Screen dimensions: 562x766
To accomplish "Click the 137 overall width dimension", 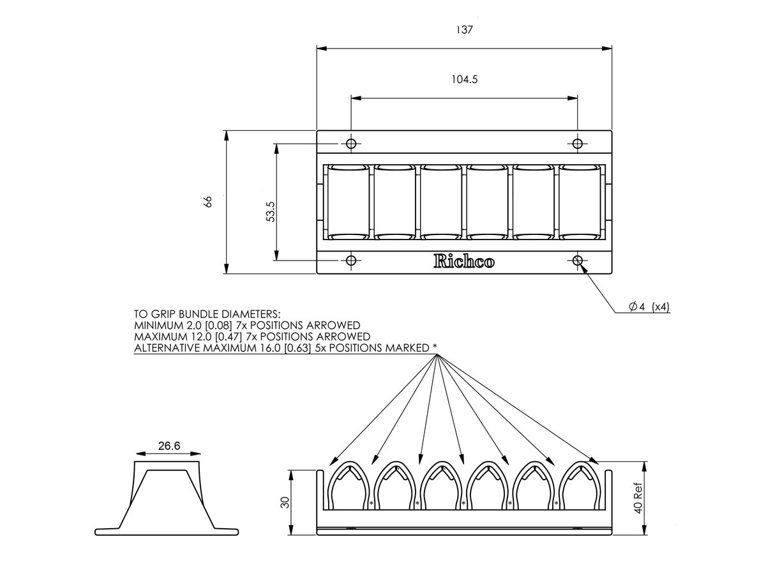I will click(x=465, y=30).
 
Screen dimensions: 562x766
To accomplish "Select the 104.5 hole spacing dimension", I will click(x=464, y=80).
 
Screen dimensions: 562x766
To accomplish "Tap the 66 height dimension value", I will click(x=207, y=202).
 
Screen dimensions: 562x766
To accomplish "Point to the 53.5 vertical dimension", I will click(x=270, y=211).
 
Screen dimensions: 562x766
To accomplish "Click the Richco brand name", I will click(x=463, y=261).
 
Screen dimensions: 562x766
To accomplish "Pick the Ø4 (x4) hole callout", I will click(x=649, y=307).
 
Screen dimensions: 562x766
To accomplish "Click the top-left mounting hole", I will click(x=350, y=143).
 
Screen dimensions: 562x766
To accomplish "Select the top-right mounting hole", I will click(x=578, y=143).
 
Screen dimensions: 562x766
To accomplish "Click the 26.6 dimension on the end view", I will click(x=168, y=446).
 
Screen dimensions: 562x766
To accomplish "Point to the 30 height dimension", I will click(x=285, y=503).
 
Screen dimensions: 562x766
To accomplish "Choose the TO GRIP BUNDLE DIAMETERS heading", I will click(x=207, y=314).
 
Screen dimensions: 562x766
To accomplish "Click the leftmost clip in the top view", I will click(x=348, y=201).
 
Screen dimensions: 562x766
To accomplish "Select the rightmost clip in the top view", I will click(x=581, y=201).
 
